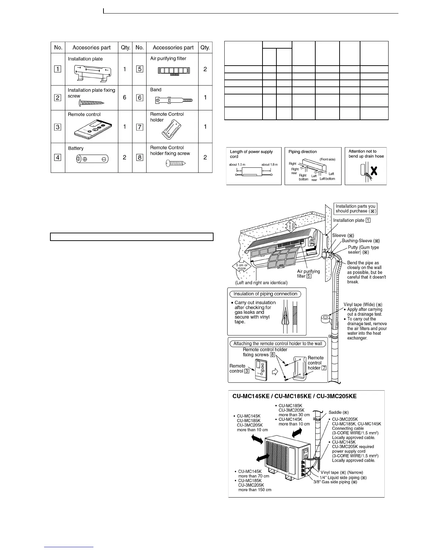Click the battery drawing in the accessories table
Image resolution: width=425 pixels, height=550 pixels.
click(92, 159)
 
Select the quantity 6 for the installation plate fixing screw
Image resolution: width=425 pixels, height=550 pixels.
click(125, 98)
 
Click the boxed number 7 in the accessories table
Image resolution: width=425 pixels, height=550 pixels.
click(140, 127)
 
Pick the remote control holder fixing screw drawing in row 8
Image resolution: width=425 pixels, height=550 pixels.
click(175, 163)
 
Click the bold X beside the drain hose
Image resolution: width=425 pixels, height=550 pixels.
click(374, 171)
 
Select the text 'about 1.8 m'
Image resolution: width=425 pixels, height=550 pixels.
click(269, 165)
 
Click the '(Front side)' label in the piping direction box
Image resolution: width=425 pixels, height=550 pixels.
click(327, 159)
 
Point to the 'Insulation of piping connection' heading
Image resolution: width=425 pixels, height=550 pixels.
click(265, 294)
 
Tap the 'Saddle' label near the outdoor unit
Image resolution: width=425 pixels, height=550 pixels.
click(339, 412)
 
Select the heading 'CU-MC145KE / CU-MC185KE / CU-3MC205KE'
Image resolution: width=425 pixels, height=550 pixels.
click(294, 396)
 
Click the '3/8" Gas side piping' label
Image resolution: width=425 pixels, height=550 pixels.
click(335, 482)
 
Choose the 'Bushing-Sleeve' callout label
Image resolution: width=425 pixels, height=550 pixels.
click(361, 241)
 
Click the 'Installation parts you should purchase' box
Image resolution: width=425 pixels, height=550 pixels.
click(355, 209)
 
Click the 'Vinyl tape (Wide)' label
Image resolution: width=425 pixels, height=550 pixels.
click(363, 305)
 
